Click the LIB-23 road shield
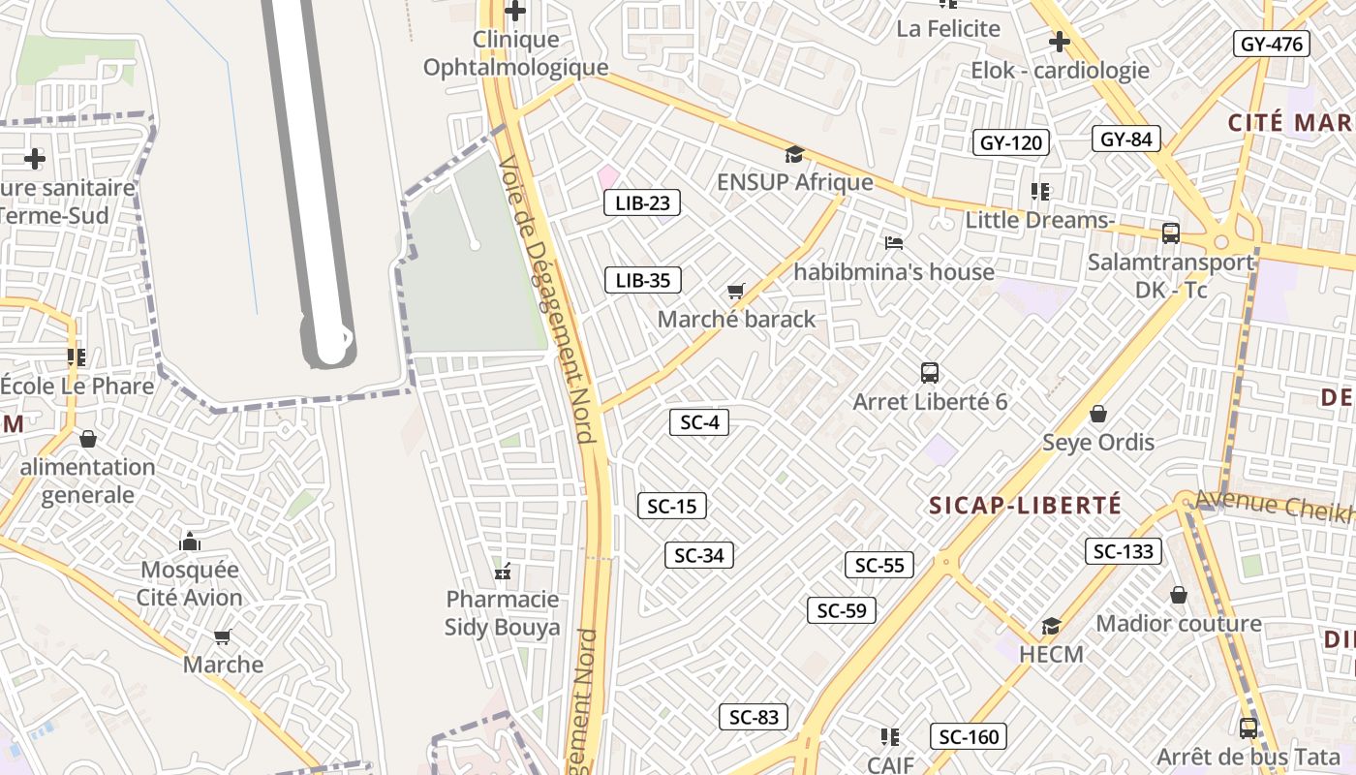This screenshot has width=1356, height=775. point(641,202)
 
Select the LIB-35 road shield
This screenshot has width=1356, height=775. point(642,281)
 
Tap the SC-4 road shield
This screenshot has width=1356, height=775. point(698,422)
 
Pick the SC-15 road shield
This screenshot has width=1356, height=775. point(671,506)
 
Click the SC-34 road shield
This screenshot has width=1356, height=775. point(698,555)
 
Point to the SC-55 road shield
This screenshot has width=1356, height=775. point(879,565)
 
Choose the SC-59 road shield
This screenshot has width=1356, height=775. point(841,610)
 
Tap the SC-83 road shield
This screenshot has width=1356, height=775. point(753,717)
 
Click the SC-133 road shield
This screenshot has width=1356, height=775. point(1123,551)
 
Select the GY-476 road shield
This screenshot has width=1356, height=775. point(1271,44)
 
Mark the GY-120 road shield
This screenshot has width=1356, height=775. point(1010,143)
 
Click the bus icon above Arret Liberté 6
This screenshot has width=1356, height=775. point(930,372)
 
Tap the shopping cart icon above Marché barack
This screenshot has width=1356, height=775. point(736,291)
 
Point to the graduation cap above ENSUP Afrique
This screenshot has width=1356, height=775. point(794,154)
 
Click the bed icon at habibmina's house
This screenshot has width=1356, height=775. point(893,242)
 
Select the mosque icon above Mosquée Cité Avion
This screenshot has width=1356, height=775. point(190,540)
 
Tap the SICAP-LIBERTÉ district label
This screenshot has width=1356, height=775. point(1025,506)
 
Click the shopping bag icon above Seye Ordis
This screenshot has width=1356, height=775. point(1098,414)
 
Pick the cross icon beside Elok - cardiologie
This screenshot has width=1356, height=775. point(1060,42)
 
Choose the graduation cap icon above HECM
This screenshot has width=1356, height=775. point(1051,626)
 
